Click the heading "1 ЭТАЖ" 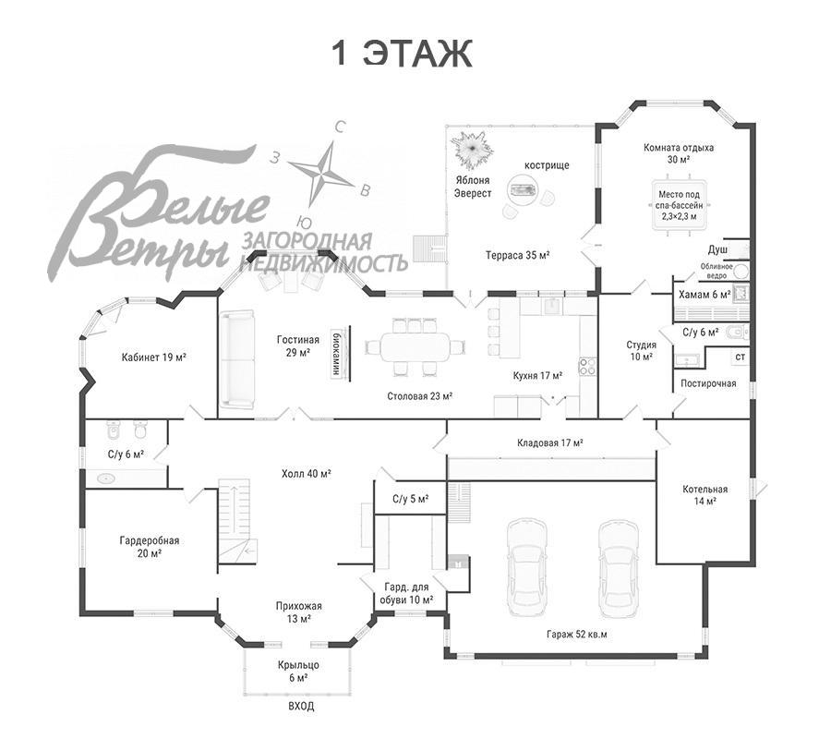[402, 53]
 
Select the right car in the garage [618, 566]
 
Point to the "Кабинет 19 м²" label [153, 357]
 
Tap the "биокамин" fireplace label [335, 353]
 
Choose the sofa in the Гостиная [237, 360]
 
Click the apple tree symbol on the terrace [472, 149]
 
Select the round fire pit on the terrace [524, 189]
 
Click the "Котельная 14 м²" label [705, 494]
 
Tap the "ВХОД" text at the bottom [301, 706]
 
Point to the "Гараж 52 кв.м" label [576, 634]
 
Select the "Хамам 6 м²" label [705, 295]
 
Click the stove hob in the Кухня [588, 366]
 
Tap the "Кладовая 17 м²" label [550, 442]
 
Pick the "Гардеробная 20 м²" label [149, 547]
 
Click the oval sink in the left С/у [106, 479]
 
